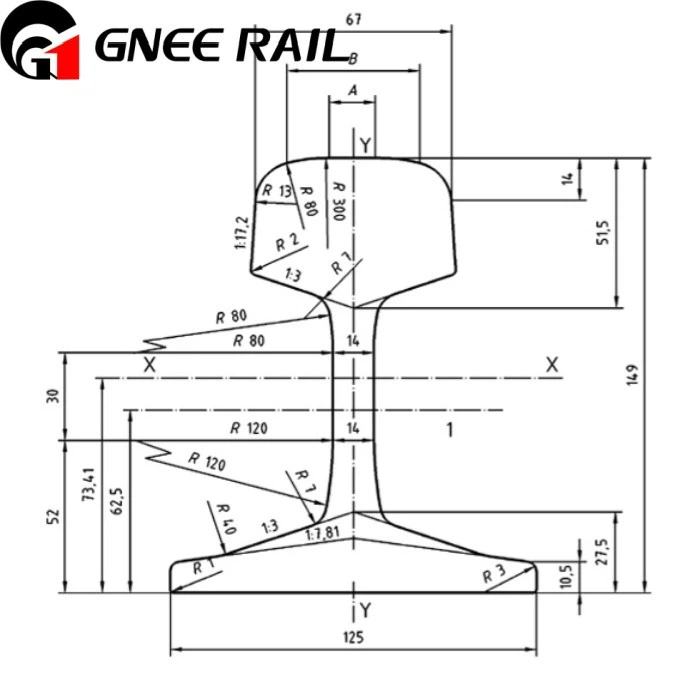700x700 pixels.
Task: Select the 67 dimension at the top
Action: [353, 19]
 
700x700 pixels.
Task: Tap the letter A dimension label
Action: [352, 90]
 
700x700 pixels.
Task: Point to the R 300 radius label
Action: [339, 201]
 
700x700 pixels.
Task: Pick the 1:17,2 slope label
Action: [241, 233]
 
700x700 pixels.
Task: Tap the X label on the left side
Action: [149, 365]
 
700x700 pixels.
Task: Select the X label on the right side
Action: [551, 365]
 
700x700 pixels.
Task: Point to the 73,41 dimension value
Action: [89, 484]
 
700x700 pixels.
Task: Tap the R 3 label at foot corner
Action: [494, 574]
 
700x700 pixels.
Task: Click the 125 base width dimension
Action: [353, 637]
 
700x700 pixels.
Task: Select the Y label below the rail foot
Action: [366, 610]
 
